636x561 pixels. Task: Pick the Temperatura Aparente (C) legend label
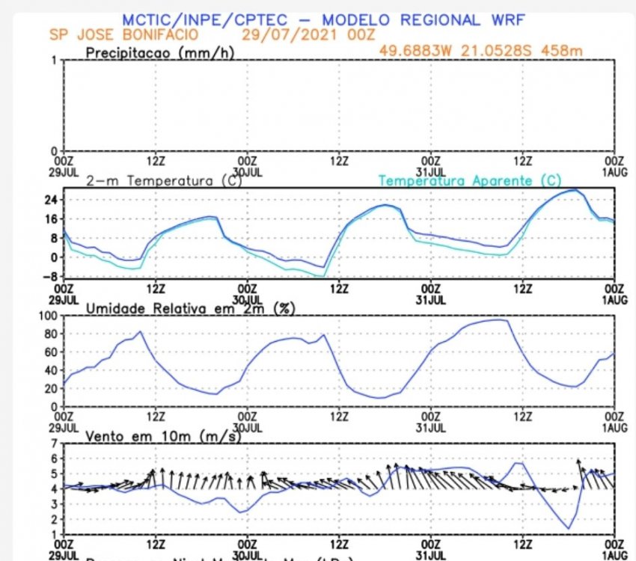[470, 181]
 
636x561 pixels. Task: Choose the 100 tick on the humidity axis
[49, 315]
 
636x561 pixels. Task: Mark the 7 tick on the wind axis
[55, 443]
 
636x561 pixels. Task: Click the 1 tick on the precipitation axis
[55, 61]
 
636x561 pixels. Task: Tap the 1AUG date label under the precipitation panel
[614, 171]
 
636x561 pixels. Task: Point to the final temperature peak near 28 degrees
[574, 190]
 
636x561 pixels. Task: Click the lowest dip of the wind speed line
[569, 529]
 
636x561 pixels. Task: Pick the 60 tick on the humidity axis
[52, 352]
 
